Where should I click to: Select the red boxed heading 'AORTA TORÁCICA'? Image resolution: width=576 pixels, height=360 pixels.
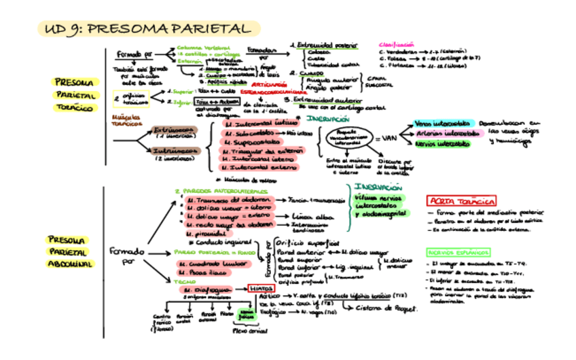[461, 200]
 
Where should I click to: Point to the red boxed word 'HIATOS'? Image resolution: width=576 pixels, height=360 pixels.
[261, 289]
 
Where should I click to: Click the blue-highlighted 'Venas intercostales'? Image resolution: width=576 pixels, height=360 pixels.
[442, 124]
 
